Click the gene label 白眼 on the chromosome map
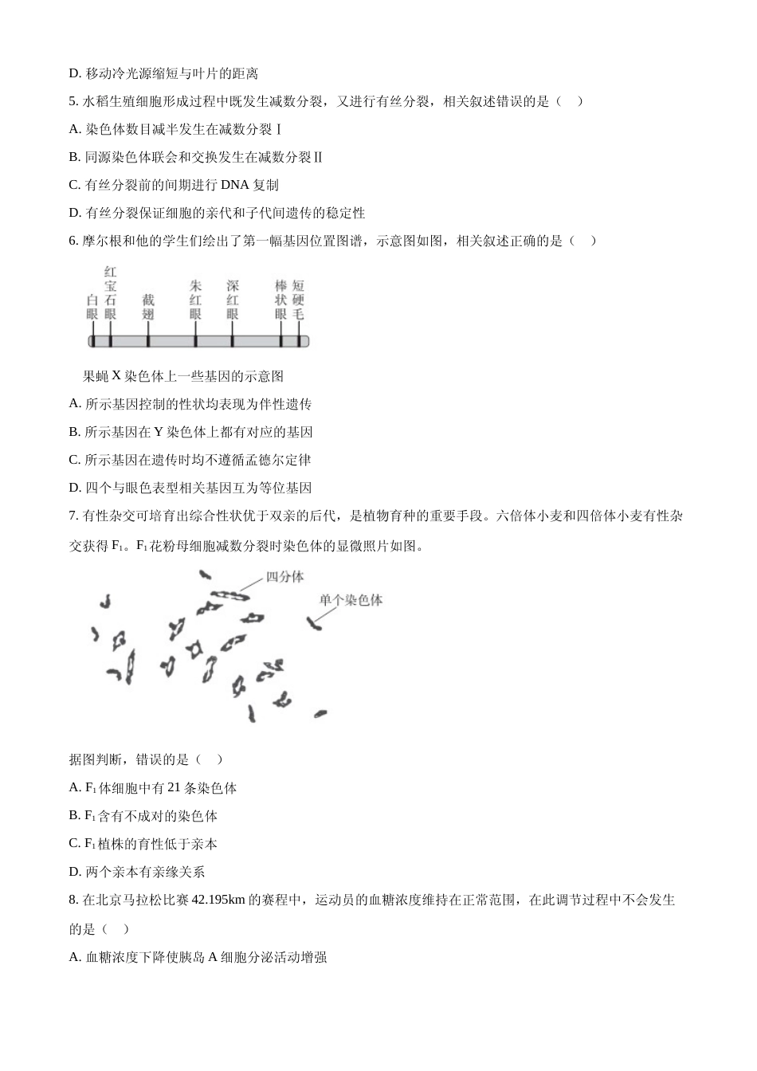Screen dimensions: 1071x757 click(92, 307)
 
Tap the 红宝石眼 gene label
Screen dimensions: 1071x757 click(110, 292)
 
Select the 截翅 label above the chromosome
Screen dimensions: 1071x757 click(148, 307)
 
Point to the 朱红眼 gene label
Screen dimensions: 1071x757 click(195, 300)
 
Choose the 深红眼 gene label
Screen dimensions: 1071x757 click(232, 300)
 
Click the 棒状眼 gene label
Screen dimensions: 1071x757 click(280, 300)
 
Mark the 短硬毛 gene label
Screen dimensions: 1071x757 click(298, 300)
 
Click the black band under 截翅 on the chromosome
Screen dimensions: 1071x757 click(148, 341)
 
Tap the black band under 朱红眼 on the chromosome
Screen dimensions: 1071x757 click(195, 341)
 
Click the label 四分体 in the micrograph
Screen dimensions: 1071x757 click(284, 577)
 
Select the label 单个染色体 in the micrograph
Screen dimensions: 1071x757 click(351, 600)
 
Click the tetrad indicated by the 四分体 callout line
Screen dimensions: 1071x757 click(230, 594)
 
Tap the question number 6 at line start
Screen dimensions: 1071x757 click(73, 241)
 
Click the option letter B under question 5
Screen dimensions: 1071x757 click(74, 157)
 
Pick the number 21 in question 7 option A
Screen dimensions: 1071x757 click(175, 788)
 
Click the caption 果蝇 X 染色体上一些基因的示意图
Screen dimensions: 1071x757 click(183, 376)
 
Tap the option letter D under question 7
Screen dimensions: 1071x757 click(74, 872)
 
